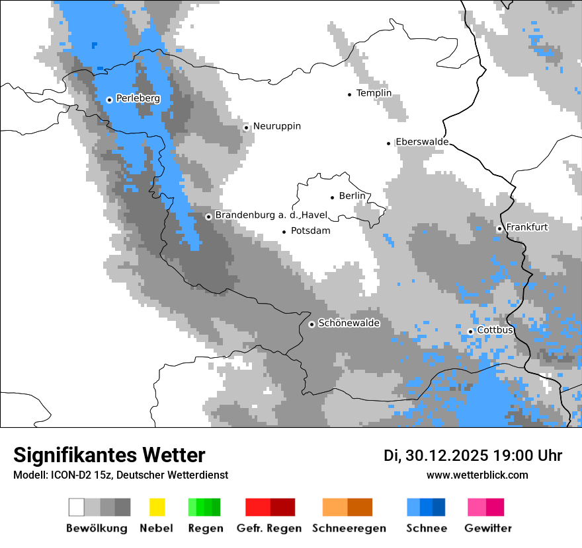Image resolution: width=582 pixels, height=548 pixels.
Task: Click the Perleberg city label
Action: coord(138,98)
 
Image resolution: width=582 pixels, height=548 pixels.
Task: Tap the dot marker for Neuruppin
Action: coord(246,127)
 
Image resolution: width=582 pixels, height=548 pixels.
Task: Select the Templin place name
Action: coord(374,93)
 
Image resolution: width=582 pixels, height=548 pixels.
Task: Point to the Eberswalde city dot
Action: coord(389,143)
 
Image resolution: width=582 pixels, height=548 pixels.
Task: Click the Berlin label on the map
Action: coord(352,196)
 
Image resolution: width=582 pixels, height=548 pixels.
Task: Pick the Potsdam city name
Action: coord(310,231)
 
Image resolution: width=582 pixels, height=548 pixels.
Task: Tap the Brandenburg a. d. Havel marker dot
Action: coord(208,217)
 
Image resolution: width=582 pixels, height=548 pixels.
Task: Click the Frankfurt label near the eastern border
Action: coord(526,227)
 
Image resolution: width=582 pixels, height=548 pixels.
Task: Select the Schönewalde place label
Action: coord(349,324)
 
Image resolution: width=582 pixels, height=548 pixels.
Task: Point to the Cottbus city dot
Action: coord(470,331)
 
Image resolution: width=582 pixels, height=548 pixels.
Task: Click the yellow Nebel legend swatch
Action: coord(157,507)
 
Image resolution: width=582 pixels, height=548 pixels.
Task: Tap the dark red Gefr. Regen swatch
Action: coord(282,507)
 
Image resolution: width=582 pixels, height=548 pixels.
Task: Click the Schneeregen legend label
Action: coord(349,528)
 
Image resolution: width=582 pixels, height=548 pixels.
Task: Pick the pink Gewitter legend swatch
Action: coord(476,507)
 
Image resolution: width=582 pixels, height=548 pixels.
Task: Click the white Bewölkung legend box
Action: coord(77,507)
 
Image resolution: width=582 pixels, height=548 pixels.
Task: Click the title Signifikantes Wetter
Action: coord(109,455)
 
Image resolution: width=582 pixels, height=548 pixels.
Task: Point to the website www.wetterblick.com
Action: coord(477,475)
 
